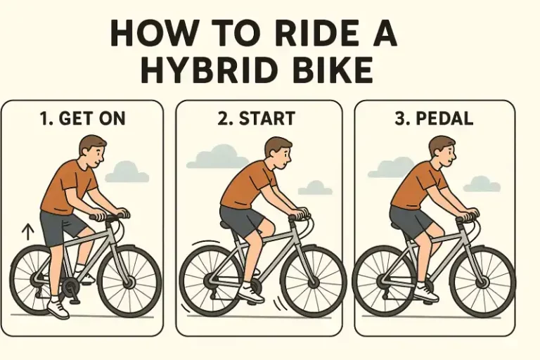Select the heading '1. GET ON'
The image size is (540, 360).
coord(83,119)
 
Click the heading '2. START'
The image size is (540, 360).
coord(257,119)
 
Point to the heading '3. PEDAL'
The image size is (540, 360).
coord(434,119)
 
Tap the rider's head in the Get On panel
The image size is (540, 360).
coord(91,152)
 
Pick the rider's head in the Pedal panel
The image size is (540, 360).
coord(443,152)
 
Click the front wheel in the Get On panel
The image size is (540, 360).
coord(129,281)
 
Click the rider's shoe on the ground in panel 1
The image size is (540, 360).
coord(58,309)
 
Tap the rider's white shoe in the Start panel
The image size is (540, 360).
coord(251,292)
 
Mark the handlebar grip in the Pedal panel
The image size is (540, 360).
coord(468,214)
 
